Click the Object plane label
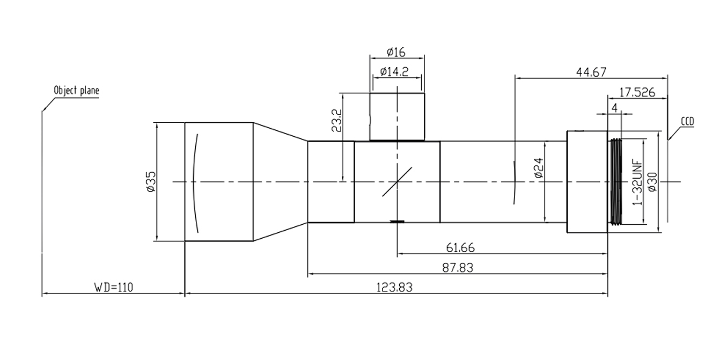[x=76, y=91]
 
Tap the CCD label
[x=687, y=122]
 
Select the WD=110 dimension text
[x=114, y=287]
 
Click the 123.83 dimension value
[x=394, y=287]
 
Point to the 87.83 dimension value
[x=458, y=268]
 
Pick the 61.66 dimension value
[x=460, y=248]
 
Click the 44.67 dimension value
[x=591, y=72]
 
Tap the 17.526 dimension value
[x=637, y=92]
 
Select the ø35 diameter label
[x=151, y=182]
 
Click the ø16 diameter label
[x=396, y=52]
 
